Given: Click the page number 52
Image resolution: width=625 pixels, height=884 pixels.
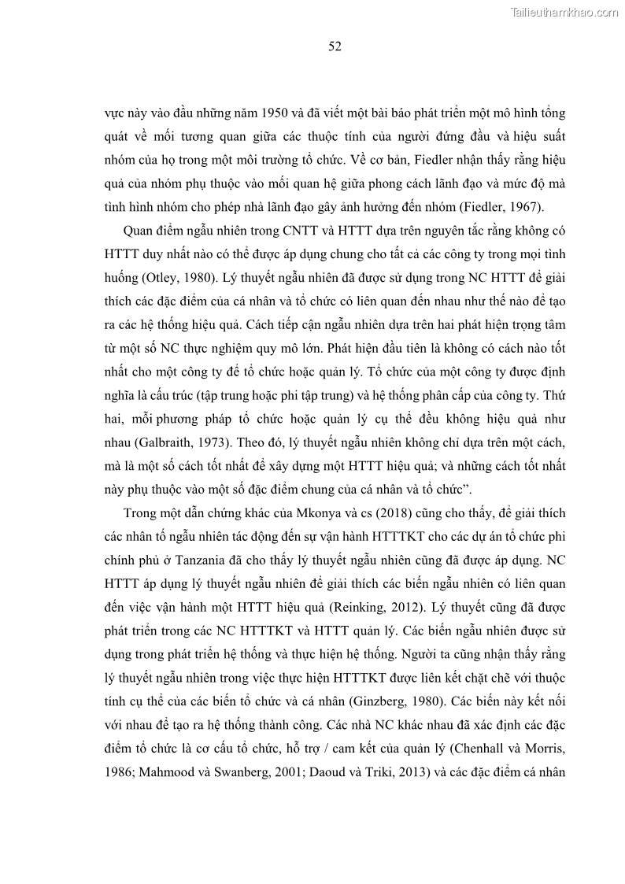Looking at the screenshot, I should (334, 46).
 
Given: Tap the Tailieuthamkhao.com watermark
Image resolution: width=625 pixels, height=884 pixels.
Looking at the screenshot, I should (565, 12).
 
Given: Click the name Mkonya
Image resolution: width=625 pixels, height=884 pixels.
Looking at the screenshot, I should (320, 513).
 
